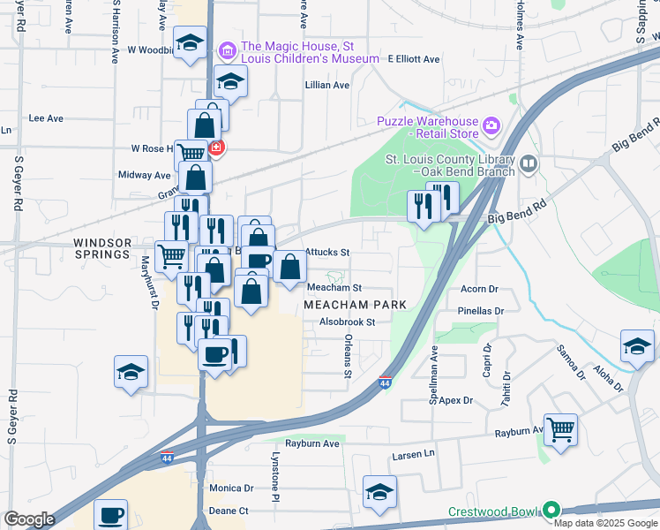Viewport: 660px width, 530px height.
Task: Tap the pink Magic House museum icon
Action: click(229, 51)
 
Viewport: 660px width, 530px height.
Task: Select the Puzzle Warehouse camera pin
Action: click(491, 127)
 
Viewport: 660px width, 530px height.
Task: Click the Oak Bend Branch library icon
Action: click(529, 163)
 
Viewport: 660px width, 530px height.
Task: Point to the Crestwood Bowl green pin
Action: click(551, 511)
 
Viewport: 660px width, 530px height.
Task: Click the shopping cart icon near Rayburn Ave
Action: click(560, 430)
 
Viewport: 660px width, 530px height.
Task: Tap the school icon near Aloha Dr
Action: click(637, 346)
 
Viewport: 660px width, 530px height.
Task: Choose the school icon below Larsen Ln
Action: click(379, 492)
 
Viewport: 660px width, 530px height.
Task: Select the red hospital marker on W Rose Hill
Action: click(216, 148)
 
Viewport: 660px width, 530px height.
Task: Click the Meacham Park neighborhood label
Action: click(355, 304)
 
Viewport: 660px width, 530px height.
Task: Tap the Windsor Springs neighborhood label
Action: click(102, 248)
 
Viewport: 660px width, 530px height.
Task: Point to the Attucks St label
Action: click(327, 253)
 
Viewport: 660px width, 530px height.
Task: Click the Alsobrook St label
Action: click(348, 322)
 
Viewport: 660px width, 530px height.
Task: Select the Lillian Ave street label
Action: click(327, 86)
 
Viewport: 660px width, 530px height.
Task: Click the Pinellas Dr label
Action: click(481, 311)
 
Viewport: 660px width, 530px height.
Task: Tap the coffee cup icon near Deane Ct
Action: click(111, 515)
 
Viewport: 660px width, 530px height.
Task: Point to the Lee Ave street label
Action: click(47, 117)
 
